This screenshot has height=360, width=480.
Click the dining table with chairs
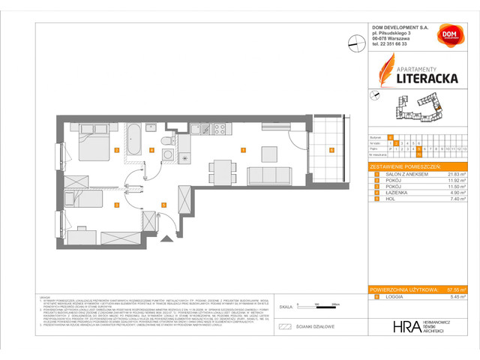pos(219,169)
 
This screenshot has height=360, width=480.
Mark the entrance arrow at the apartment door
pos(166,238)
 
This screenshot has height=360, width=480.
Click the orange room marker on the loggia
pos(331,149)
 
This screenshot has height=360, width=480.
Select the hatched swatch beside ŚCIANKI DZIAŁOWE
pos(284,326)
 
